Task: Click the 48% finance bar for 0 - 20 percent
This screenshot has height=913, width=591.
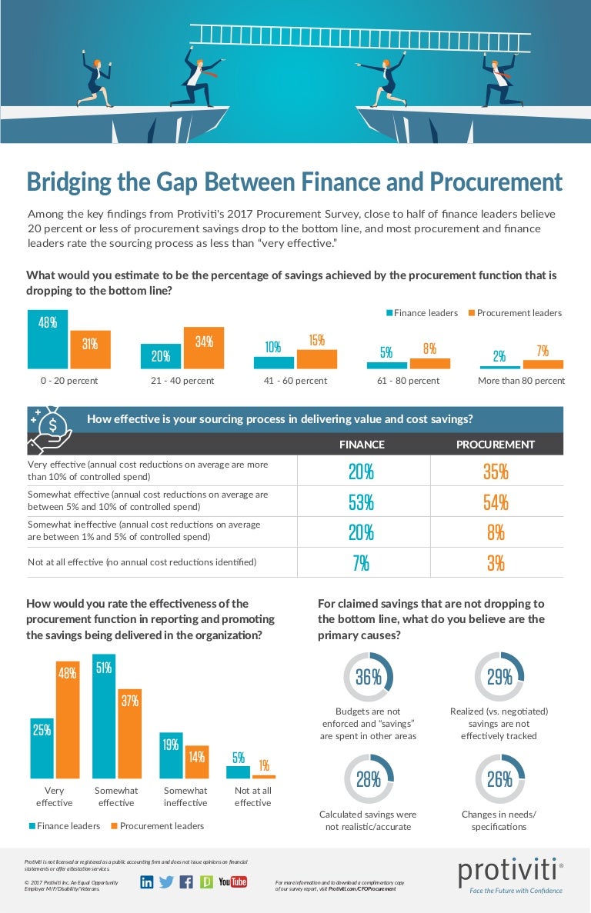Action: pyautogui.click(x=48, y=339)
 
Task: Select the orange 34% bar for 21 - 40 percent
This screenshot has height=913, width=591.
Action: pyautogui.click(x=203, y=348)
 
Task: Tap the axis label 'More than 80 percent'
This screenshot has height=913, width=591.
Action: pyautogui.click(x=521, y=381)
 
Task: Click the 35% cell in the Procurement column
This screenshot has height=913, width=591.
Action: pyautogui.click(x=496, y=471)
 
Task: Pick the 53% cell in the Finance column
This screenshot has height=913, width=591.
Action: pyautogui.click(x=362, y=502)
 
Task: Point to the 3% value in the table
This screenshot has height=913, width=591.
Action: pyautogui.click(x=496, y=563)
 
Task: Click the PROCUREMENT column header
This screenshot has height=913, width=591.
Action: pyautogui.click(x=495, y=445)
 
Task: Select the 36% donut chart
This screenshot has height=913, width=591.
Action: pyautogui.click(x=368, y=677)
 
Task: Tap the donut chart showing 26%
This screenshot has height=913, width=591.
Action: pyautogui.click(x=499, y=779)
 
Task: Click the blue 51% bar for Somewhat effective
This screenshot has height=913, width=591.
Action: pyautogui.click(x=104, y=716)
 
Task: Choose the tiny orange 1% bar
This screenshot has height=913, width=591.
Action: pyautogui.click(x=263, y=776)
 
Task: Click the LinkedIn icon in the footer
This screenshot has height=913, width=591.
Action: pyautogui.click(x=147, y=882)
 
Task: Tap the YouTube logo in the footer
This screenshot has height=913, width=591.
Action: pyautogui.click(x=232, y=882)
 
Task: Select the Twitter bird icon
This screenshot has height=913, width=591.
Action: pyautogui.click(x=166, y=882)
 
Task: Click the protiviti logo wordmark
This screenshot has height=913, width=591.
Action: pyautogui.click(x=508, y=871)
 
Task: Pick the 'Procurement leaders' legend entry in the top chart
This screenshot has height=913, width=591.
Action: pyautogui.click(x=514, y=313)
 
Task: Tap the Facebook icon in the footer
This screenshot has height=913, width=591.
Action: pyautogui.click(x=185, y=882)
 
